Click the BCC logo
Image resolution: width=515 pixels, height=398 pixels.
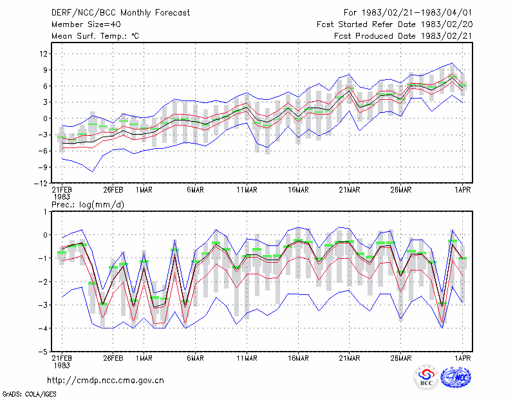426,377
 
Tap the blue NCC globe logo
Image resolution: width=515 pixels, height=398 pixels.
456,377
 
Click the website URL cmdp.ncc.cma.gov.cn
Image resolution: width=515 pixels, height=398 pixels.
106,381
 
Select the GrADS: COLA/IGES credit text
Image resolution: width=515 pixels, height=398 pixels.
29,394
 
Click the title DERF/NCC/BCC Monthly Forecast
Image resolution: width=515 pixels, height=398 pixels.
120,13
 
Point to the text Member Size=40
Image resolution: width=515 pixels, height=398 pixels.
86,24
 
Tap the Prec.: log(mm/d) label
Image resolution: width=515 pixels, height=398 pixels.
88,205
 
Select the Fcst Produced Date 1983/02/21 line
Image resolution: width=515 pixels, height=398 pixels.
403,36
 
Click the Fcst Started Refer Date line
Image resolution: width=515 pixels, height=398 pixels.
395,24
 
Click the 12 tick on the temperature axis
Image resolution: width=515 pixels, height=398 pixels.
44,53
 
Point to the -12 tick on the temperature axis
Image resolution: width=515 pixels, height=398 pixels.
41,184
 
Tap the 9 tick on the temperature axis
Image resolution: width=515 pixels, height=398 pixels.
45,70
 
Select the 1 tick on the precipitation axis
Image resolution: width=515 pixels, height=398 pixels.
45,212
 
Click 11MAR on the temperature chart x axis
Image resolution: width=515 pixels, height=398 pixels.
247,190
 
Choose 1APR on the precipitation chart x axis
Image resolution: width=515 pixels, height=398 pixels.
462,358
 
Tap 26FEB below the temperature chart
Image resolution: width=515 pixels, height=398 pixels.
113,190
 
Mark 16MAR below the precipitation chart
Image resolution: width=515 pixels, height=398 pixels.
298,358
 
